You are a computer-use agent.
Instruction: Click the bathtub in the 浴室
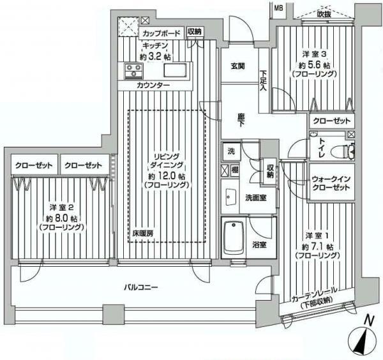(x=234, y=239)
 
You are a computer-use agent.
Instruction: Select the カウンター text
(x=153, y=85)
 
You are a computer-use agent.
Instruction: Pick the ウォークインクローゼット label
(x=331, y=183)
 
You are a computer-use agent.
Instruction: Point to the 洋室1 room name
(x=315, y=235)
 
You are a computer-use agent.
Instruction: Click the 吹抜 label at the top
(x=324, y=14)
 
